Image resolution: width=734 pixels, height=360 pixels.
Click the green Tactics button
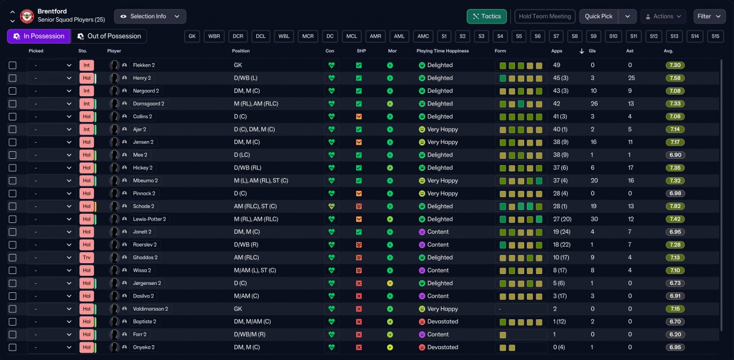(487, 16)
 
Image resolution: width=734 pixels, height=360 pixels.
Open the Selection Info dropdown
(150, 16)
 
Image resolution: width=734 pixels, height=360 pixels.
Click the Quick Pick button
(599, 16)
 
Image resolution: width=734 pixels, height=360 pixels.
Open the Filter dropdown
(709, 16)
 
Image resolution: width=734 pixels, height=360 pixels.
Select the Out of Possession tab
(108, 36)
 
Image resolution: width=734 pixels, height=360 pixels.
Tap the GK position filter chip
(192, 36)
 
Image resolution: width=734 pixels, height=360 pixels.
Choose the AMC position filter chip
(423, 36)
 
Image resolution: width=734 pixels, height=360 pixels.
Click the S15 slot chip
(715, 36)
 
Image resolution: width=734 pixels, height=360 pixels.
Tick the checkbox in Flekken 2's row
(13, 65)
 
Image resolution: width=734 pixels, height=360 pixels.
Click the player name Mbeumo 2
(145, 181)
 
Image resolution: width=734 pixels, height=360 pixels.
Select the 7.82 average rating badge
(676, 206)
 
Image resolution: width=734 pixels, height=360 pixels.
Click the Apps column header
(556, 51)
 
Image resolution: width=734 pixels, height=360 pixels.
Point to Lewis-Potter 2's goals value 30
(594, 219)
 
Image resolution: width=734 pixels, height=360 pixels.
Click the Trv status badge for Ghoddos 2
(86, 257)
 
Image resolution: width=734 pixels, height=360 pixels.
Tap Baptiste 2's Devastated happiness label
(442, 322)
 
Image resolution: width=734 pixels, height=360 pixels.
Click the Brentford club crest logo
(27, 16)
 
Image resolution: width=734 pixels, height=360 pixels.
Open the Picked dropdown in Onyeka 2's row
(51, 347)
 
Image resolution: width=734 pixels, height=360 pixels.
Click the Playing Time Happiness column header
(442, 51)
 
